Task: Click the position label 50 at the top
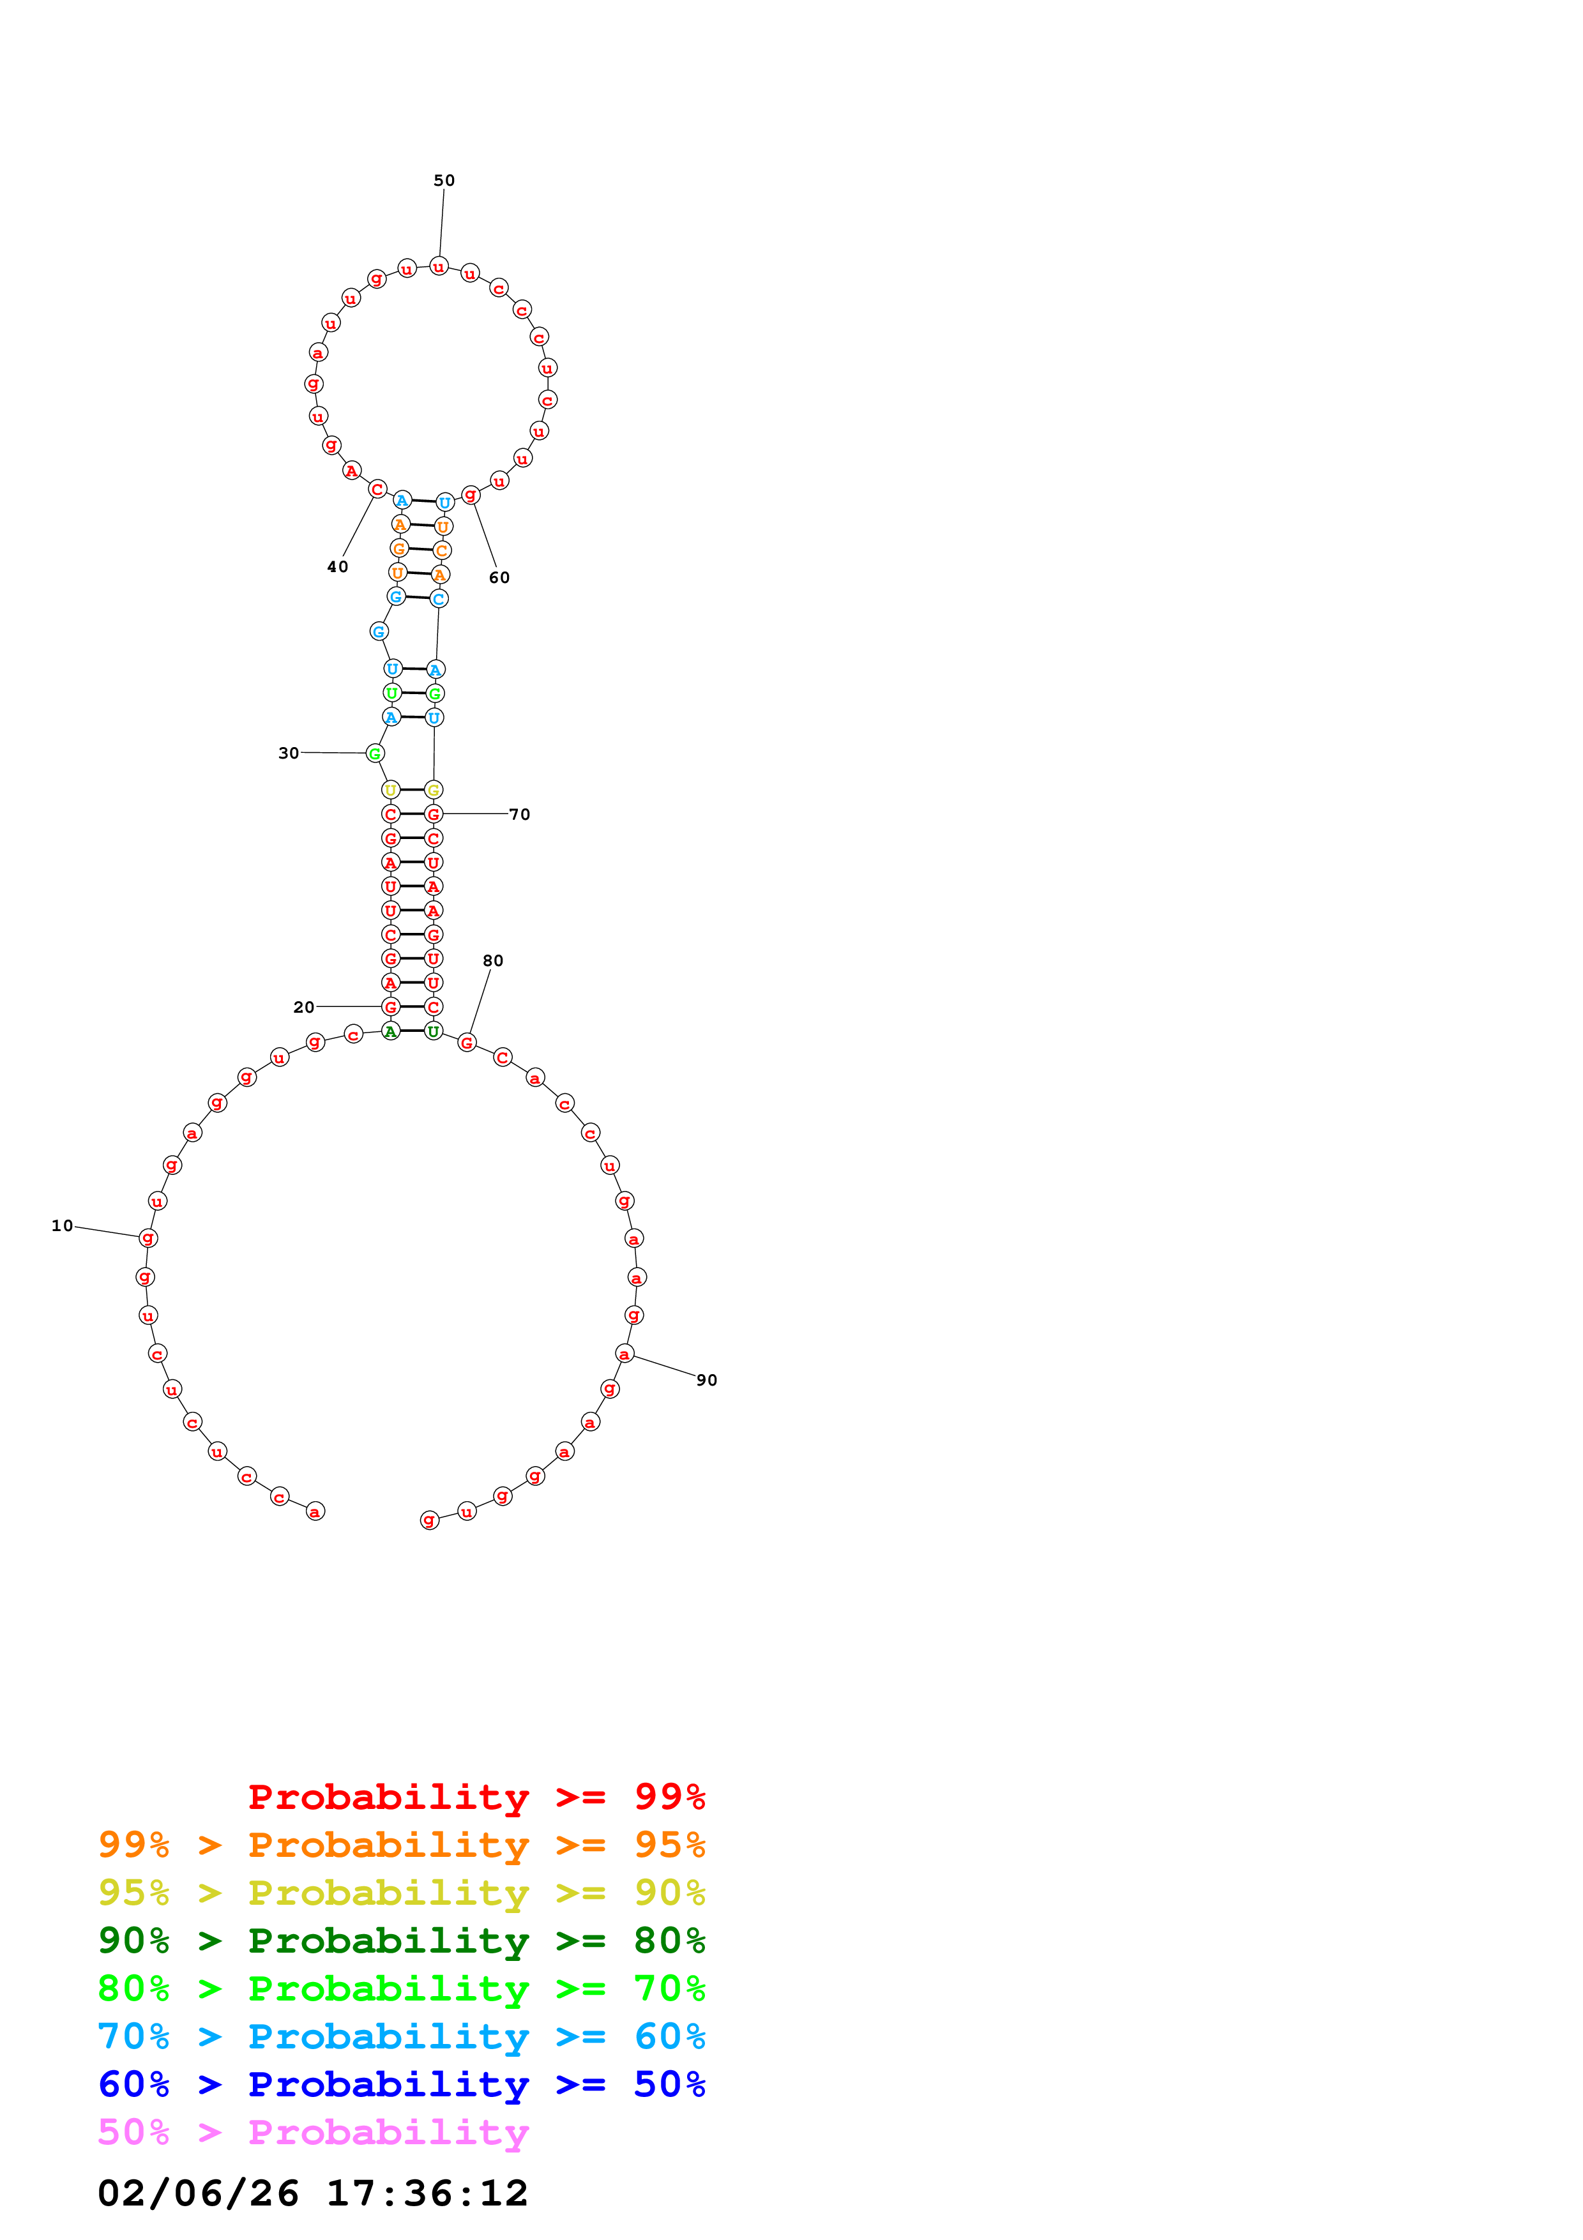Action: [444, 181]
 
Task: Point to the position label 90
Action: [706, 1379]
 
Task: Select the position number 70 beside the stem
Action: [520, 814]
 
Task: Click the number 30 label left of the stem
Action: [289, 752]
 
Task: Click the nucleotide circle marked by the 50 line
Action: [439, 266]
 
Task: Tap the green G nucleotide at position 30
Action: [375, 753]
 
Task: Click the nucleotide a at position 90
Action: [625, 1353]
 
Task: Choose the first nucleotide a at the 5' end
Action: [315, 1511]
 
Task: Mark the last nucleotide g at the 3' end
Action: [429, 1520]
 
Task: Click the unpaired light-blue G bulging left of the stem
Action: [379, 632]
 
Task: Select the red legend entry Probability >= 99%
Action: [476, 1797]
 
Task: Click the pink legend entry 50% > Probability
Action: [313, 2133]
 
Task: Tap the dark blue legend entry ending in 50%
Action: [401, 2085]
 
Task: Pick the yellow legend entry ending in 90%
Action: [401, 1893]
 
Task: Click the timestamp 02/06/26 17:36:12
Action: [313, 2193]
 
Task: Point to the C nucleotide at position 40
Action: [377, 488]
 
